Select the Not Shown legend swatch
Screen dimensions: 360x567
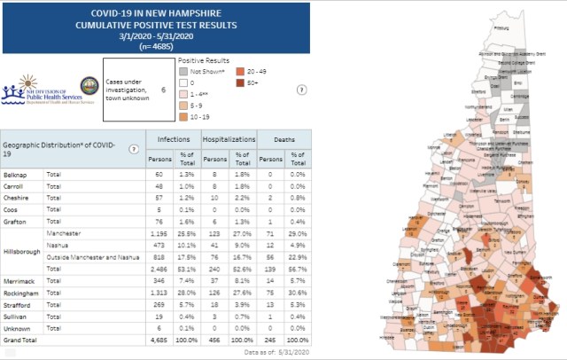[183, 70]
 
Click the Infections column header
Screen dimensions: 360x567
[173, 140]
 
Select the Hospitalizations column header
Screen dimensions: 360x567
[229, 140]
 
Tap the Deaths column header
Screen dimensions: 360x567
[283, 140]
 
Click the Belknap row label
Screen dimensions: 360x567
[13, 176]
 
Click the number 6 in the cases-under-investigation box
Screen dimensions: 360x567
[163, 90]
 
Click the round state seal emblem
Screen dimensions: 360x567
[89, 86]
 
